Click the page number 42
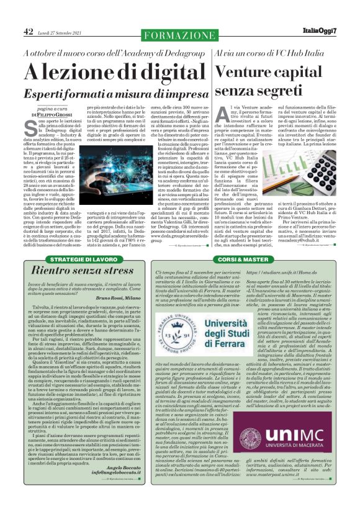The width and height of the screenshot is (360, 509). pyautogui.click(x=29, y=32)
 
